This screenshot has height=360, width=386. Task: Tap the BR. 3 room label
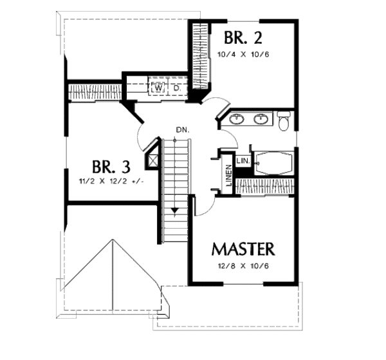tap(111, 167)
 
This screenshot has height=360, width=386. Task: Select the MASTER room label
tap(243, 249)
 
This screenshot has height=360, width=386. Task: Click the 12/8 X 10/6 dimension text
tap(243, 266)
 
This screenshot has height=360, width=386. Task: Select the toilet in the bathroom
tap(284, 119)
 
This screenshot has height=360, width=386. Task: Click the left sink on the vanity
tap(237, 118)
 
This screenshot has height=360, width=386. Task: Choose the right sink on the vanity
tap(261, 118)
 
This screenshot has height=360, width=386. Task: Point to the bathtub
tap(272, 163)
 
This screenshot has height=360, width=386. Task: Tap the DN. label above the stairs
tap(181, 131)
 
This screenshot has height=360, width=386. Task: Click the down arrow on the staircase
tap(174, 210)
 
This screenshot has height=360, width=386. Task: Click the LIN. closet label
tap(243, 160)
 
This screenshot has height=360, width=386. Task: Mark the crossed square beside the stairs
tap(154, 158)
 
